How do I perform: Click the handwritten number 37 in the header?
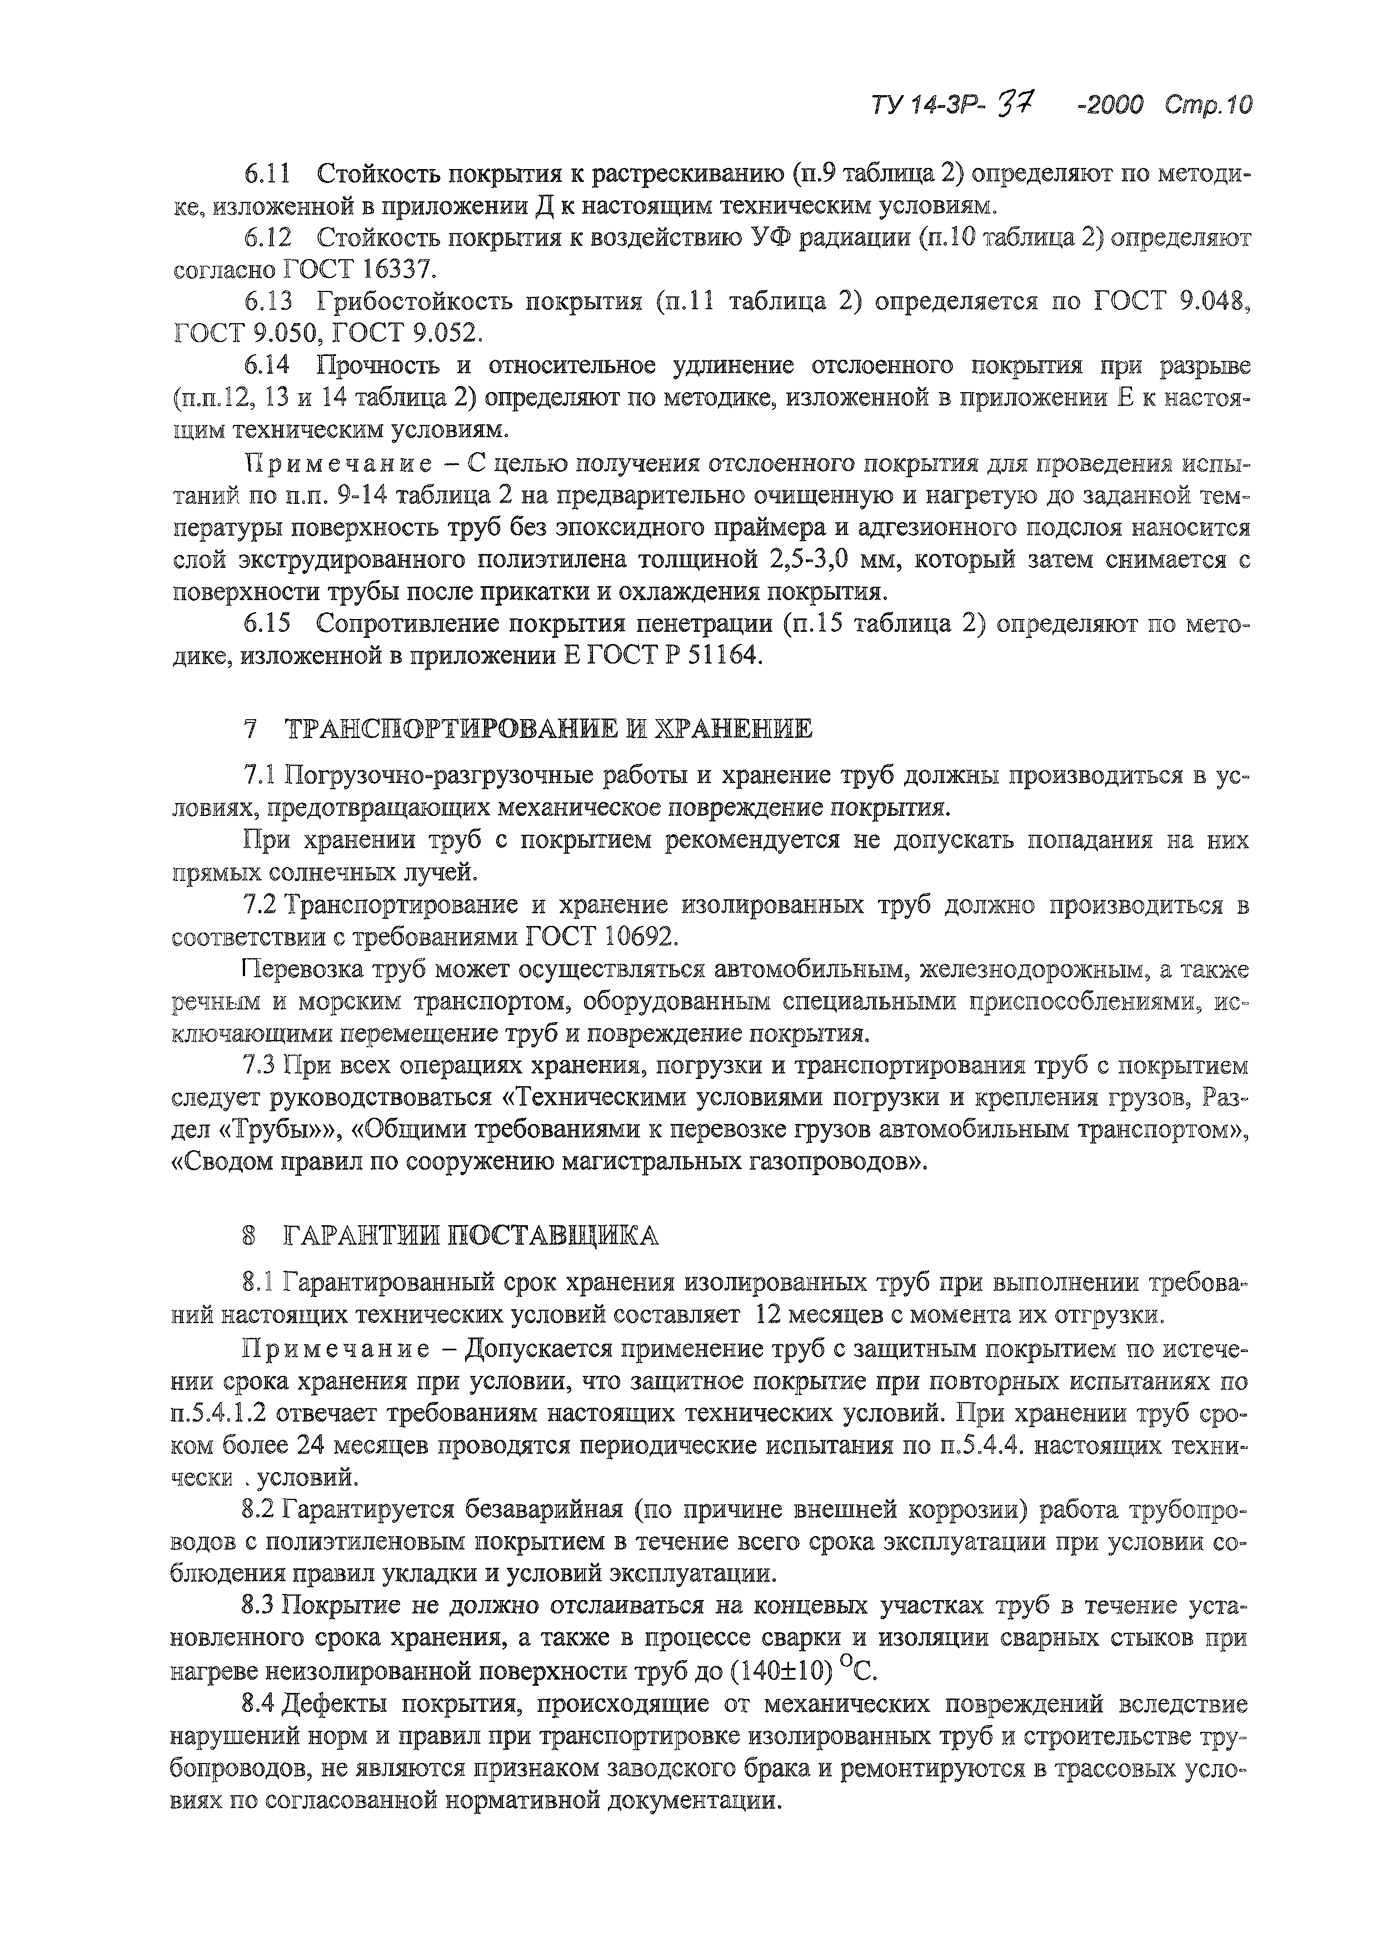point(1016,104)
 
